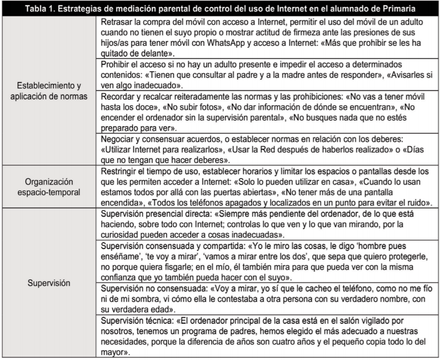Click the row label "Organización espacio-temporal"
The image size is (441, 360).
49,185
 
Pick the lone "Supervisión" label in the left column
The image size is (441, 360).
49,283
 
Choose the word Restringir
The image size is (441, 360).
120,171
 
